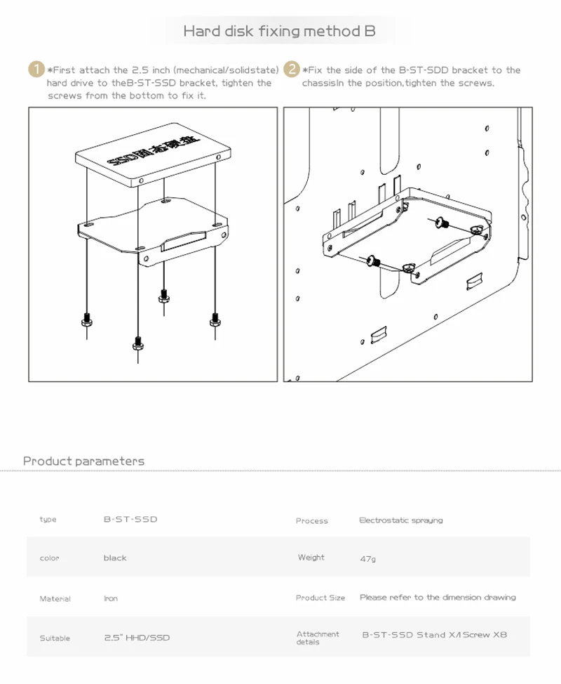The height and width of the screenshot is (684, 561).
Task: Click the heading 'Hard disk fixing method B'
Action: tap(279, 32)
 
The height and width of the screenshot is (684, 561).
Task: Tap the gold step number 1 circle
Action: tap(36, 70)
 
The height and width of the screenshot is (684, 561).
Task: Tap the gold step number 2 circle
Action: tap(291, 70)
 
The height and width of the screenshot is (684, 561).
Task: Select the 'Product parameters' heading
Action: tap(84, 461)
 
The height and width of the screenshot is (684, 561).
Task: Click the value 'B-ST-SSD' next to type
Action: tap(130, 520)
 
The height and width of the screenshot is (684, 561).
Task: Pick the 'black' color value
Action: tap(115, 558)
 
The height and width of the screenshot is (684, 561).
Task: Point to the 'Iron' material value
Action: tap(111, 599)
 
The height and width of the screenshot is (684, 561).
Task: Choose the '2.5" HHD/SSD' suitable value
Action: tap(137, 638)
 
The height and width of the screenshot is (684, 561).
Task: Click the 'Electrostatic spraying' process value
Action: tap(400, 520)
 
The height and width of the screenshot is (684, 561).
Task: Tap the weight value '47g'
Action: tap(367, 559)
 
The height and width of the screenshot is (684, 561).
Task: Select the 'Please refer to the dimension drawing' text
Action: tap(438, 598)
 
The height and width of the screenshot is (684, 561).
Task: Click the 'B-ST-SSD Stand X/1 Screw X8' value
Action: tap(434, 635)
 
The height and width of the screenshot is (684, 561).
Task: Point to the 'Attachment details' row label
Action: tap(318, 638)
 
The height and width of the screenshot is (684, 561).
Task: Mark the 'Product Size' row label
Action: tap(320, 598)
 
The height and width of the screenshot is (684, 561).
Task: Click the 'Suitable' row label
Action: tap(55, 638)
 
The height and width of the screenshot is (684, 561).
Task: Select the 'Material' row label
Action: tap(55, 599)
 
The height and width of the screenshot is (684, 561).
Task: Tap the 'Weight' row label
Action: tap(311, 558)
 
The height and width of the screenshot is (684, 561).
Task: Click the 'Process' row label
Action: tap(312, 521)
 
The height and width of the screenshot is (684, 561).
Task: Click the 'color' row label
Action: tap(50, 558)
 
